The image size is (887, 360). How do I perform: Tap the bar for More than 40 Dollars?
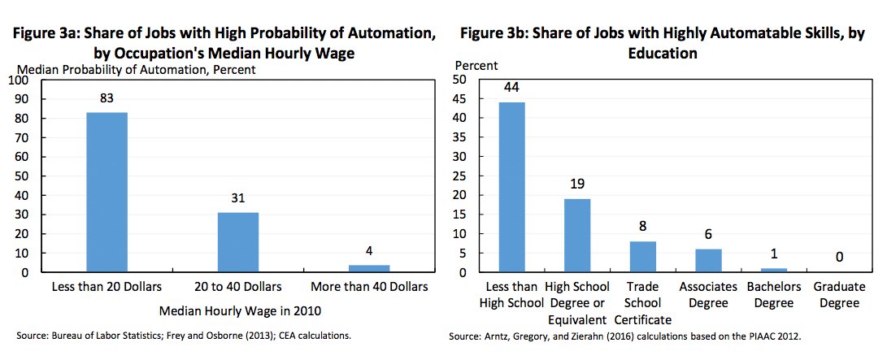tap(369, 268)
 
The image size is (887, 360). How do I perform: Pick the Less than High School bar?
tap(512, 187)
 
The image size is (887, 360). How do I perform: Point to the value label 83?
tap(107, 98)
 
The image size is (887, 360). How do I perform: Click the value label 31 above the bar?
tap(238, 198)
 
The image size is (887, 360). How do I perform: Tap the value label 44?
tap(512, 88)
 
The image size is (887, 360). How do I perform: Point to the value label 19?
tap(577, 184)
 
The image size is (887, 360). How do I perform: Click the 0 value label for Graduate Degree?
tap(838, 258)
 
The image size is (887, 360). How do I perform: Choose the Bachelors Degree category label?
tap(773, 295)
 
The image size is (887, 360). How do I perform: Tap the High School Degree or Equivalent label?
tap(577, 295)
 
